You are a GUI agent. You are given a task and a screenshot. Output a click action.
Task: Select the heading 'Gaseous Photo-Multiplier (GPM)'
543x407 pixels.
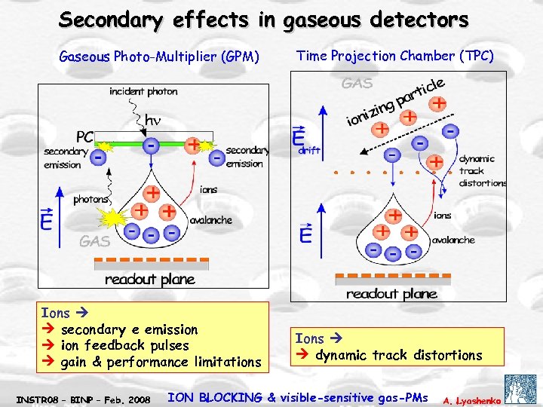point(159,57)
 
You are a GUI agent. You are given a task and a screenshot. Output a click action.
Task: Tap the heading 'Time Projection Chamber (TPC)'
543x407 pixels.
point(395,56)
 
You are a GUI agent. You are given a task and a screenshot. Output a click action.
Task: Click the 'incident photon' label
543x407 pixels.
point(143,91)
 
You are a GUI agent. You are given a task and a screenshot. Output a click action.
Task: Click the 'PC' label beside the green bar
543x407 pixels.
point(84,138)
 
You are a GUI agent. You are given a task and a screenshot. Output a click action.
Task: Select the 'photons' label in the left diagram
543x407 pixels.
point(90,200)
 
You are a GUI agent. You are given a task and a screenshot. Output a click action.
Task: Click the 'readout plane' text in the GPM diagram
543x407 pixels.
point(149,280)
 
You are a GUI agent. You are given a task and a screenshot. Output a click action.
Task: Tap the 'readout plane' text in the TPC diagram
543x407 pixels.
point(391,294)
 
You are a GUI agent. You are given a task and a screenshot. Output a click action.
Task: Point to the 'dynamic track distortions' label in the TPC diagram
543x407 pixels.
point(482,170)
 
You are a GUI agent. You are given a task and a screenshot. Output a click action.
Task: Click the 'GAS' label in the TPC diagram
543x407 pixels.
point(357,84)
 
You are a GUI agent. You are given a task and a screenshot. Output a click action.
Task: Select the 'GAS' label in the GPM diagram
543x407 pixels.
point(95,241)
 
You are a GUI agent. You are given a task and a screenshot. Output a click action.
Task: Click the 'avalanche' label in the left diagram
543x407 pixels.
point(210,221)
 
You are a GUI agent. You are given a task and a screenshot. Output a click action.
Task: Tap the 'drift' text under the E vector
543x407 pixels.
point(310,151)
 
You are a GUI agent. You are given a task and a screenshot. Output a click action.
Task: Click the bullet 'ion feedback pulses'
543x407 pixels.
point(124,346)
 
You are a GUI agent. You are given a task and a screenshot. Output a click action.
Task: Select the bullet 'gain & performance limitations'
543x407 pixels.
point(160,363)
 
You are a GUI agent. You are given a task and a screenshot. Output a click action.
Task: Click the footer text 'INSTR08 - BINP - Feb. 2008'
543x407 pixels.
point(82,398)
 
